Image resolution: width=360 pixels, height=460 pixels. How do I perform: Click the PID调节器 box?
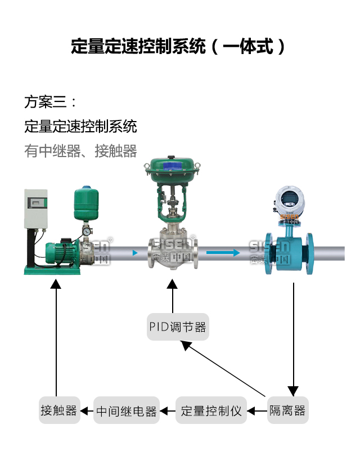178,327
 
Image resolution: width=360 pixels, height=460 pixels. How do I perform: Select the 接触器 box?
58,410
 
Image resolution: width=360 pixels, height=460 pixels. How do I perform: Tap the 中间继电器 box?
126,410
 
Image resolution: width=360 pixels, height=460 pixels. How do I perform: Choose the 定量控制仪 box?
211,410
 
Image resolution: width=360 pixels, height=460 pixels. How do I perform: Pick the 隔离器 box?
287,410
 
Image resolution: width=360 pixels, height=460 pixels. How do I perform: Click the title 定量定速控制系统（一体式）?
178,46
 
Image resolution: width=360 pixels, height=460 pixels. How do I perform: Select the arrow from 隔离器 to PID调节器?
225,369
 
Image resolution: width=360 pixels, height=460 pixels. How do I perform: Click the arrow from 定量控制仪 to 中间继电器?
168,411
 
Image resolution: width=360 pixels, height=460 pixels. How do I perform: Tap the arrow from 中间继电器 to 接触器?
86,411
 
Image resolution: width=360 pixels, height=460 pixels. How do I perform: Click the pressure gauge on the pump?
85,231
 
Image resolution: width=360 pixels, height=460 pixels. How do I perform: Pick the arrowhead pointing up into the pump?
55,284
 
